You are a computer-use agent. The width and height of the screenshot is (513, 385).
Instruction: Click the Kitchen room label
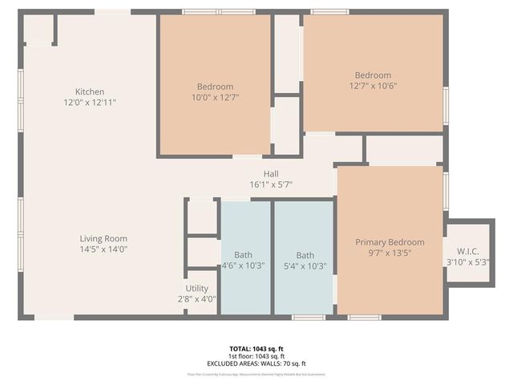[90, 91]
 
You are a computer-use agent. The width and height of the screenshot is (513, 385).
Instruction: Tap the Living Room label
[103, 238]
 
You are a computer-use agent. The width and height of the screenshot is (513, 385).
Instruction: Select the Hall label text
[271, 174]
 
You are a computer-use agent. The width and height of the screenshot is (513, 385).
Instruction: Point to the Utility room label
[196, 288]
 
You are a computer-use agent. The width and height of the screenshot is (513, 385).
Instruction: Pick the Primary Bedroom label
[390, 242]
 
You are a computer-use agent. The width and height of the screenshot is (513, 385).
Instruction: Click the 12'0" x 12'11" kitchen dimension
[90, 103]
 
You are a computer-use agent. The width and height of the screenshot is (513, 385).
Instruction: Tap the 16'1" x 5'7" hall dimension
[271, 184]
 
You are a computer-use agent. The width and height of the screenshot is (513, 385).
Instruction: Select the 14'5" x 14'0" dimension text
[103, 249]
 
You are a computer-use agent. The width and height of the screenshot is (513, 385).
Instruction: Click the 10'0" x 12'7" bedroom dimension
[215, 97]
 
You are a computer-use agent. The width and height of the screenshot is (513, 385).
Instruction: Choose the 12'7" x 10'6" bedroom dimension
[373, 86]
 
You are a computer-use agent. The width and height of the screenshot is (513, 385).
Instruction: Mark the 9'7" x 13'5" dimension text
[390, 253]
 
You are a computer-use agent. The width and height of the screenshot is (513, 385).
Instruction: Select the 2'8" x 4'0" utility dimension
[196, 298]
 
